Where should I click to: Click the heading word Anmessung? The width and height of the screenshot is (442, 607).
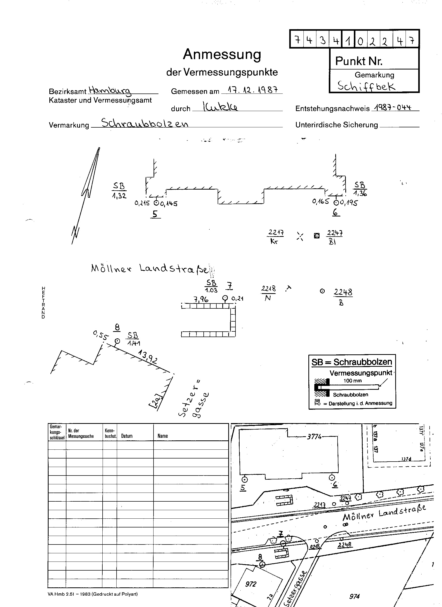point(222,55)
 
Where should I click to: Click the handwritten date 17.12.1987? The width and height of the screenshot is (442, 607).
point(252,90)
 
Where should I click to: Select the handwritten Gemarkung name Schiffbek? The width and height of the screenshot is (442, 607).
point(366,86)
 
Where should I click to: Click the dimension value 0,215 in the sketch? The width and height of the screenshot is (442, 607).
point(142,203)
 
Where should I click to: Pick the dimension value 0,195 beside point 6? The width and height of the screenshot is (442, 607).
point(349,203)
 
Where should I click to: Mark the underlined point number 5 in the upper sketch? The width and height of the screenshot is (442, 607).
point(155,214)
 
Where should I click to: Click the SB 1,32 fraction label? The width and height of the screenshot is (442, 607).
point(119,190)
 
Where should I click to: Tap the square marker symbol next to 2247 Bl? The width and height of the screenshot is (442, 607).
point(317,236)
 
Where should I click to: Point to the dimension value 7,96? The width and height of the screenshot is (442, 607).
point(201,299)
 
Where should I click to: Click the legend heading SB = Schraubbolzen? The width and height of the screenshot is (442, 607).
point(352,362)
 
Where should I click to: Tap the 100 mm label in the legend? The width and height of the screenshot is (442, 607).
point(353,380)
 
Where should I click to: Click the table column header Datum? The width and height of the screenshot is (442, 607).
point(127,436)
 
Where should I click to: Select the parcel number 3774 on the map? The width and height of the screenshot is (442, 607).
point(314,437)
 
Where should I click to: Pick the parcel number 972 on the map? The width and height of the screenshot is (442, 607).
point(251,584)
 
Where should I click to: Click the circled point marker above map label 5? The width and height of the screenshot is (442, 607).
point(244,480)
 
